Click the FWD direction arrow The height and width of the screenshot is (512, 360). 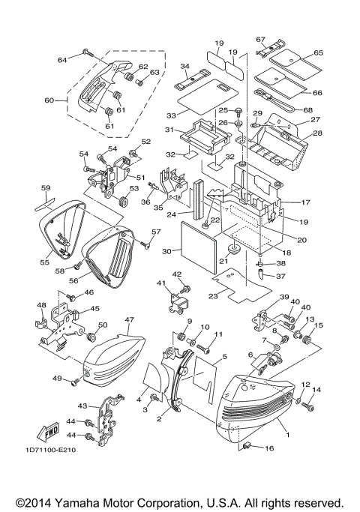(x=48, y=432)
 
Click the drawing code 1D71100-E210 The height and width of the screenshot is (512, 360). (x=50, y=450)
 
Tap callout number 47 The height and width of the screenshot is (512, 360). (x=129, y=319)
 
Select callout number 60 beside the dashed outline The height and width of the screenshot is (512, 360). (x=49, y=100)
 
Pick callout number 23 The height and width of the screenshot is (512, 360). (x=213, y=296)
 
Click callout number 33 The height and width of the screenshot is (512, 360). (x=171, y=115)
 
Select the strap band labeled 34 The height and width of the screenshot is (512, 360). (x=190, y=79)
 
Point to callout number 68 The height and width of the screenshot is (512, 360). (x=307, y=110)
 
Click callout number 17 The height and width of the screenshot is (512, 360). (x=305, y=202)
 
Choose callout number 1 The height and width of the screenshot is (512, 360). (x=287, y=435)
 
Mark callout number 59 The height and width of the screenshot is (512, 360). (x=46, y=188)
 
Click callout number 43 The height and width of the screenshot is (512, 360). (x=82, y=406)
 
